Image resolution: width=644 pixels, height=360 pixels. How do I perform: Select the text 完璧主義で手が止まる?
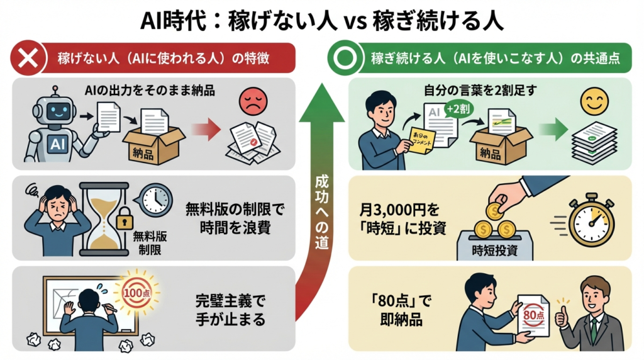[231, 310]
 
